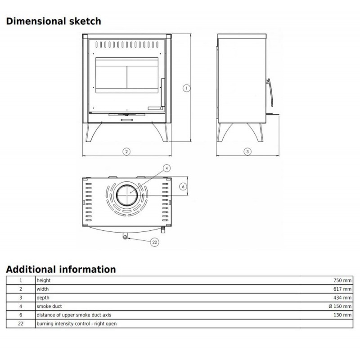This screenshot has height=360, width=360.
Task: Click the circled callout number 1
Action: [186, 88]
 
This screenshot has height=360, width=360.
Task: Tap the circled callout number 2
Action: [126, 152]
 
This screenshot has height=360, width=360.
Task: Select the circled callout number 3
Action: [247, 152]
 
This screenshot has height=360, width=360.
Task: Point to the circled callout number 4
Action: [166, 168]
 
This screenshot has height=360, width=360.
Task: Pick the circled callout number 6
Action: [183, 187]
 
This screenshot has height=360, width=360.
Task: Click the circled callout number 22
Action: [154, 242]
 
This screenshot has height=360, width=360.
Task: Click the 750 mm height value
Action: [342, 280]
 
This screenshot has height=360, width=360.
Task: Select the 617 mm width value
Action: [342, 289]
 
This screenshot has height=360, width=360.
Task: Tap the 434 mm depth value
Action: [342, 298]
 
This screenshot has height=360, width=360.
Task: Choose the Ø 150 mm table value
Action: [340, 306]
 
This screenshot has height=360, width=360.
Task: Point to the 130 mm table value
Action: [342, 315]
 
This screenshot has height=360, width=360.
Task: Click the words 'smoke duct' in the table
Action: [49, 306]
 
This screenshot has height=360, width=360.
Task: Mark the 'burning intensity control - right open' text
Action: [76, 324]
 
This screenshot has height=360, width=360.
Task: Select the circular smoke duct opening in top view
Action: [127, 195]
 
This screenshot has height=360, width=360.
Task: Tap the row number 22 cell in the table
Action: [21, 324]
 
